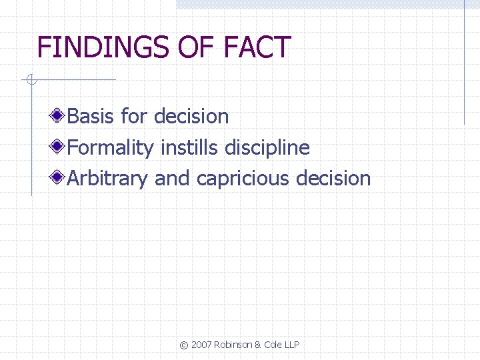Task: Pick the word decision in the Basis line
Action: click(191, 117)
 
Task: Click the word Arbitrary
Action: click(107, 179)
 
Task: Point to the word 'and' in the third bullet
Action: click(172, 179)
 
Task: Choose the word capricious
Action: click(243, 179)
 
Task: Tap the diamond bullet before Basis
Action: click(59, 116)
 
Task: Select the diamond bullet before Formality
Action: click(59, 147)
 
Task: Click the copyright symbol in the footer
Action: click(184, 345)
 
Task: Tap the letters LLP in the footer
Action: click(291, 345)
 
